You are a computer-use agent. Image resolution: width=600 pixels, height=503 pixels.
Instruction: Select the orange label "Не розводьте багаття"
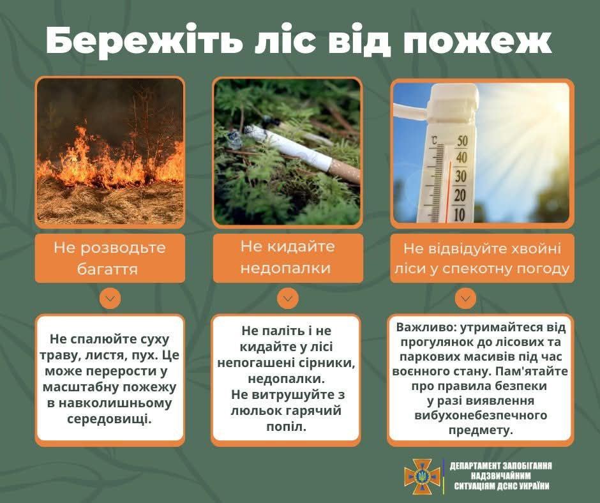(109, 258)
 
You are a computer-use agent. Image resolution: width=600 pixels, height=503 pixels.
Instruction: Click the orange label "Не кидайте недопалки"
(287, 257)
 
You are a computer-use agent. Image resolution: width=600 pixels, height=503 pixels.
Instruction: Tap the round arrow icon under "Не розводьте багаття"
(110, 298)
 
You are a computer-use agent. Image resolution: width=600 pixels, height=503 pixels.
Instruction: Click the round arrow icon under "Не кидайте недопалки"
(287, 298)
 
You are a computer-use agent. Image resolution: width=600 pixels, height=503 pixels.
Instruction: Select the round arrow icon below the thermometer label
(465, 298)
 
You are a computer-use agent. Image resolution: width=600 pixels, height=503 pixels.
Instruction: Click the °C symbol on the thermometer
(435, 140)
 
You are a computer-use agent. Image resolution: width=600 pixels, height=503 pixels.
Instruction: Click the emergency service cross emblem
(422, 476)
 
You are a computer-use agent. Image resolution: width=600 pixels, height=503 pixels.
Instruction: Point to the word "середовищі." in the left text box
(110, 419)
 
